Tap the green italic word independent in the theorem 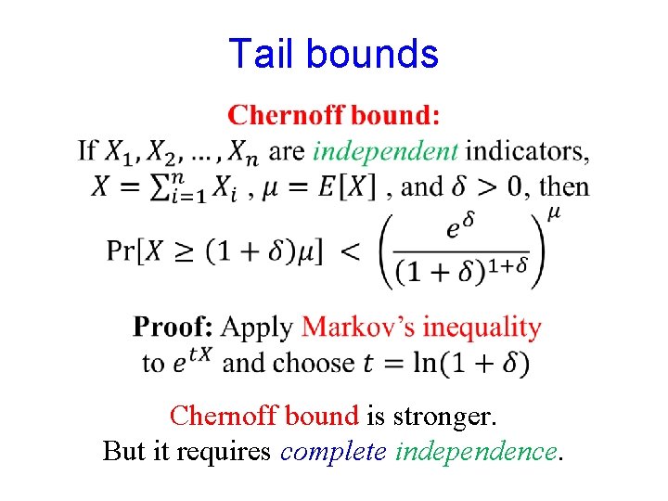[x=385, y=150]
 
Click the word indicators [x=527, y=150]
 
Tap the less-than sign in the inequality [x=352, y=251]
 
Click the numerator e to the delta [x=460, y=227]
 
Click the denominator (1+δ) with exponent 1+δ [x=461, y=272]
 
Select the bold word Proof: [x=173, y=328]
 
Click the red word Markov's [x=358, y=328]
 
